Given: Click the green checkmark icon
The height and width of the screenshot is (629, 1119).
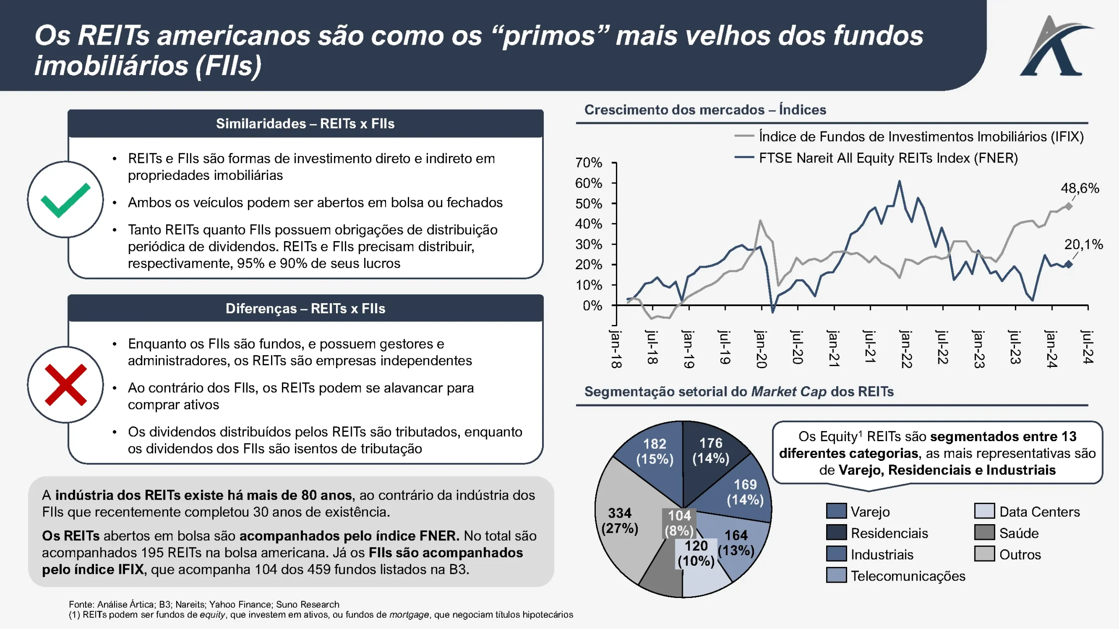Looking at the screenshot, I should (x=66, y=200).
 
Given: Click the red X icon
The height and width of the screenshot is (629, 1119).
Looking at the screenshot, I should (x=66, y=385).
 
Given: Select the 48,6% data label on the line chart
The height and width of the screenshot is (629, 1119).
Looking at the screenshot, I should (x=1080, y=188).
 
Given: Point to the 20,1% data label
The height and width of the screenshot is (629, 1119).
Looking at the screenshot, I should (x=1083, y=245).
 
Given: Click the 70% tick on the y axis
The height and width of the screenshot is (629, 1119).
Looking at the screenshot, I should (x=588, y=163).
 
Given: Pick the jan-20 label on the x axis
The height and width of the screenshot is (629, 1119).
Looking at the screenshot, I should (x=761, y=349).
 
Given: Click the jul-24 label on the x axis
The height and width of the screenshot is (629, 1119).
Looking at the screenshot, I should (x=1088, y=347).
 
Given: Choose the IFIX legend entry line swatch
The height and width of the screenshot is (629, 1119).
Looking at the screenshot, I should (x=744, y=136).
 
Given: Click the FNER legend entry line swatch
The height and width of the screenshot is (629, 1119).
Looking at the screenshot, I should (x=744, y=158).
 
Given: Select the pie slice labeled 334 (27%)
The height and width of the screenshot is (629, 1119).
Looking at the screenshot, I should (x=621, y=520).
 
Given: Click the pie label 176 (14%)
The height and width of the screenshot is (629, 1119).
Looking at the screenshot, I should (x=711, y=450).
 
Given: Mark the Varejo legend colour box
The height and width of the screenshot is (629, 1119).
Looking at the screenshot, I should (x=836, y=511).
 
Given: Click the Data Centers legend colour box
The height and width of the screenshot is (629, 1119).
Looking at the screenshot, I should (x=984, y=511).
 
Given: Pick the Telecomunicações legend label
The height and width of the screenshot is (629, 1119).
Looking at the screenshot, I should (x=907, y=576).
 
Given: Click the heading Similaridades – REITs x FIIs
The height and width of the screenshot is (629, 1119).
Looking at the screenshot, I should (x=305, y=124).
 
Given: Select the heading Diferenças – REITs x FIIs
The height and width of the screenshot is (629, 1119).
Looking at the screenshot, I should (x=305, y=309).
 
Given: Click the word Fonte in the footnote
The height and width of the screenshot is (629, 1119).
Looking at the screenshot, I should (x=82, y=605).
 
